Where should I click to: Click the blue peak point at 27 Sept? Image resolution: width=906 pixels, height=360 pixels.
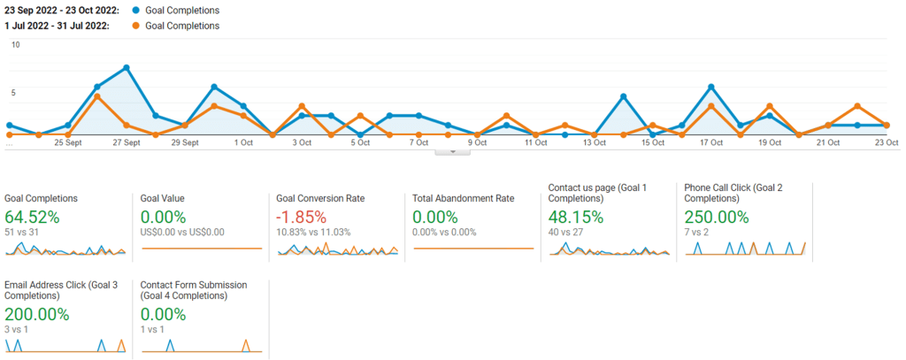(x=127, y=68)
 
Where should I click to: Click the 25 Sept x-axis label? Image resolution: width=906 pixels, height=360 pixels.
(x=68, y=142)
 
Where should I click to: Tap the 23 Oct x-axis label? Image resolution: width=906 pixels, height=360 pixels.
(x=886, y=142)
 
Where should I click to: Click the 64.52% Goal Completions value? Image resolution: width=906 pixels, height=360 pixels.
(x=32, y=218)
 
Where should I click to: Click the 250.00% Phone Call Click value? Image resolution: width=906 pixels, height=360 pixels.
(x=716, y=218)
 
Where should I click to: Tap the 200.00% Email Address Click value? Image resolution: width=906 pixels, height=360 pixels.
(x=36, y=315)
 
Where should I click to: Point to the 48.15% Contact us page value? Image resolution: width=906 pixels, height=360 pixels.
(x=577, y=218)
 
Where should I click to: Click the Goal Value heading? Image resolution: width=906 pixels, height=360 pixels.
(x=162, y=199)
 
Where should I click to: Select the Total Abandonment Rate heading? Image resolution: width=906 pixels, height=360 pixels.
(x=465, y=199)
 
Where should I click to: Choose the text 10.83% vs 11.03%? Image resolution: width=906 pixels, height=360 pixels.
(x=313, y=233)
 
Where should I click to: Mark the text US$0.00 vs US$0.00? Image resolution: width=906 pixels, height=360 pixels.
(x=182, y=233)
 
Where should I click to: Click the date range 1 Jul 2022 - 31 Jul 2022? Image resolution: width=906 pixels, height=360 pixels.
(x=57, y=26)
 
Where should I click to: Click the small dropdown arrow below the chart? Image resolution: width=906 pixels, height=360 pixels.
(x=453, y=152)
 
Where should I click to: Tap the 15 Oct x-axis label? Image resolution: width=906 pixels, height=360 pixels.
(x=653, y=142)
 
